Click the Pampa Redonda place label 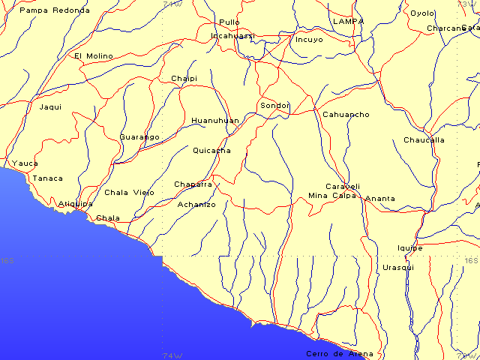[55, 10]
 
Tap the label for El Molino [94, 55]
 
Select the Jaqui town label [50, 106]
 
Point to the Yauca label [25, 163]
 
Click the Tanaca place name [47, 178]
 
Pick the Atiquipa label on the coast [76, 203]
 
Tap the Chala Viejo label [129, 192]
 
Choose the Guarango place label [139, 137]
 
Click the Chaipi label [184, 78]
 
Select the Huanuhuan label [215, 120]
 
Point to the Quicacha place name [211, 150]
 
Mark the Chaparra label [193, 184]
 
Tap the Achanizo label [196, 204]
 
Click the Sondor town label [274, 105]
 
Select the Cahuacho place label [346, 114]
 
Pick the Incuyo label [309, 39]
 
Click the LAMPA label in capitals [348, 21]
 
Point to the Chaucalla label [424, 139]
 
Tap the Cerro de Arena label [339, 353]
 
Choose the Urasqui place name [398, 267]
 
